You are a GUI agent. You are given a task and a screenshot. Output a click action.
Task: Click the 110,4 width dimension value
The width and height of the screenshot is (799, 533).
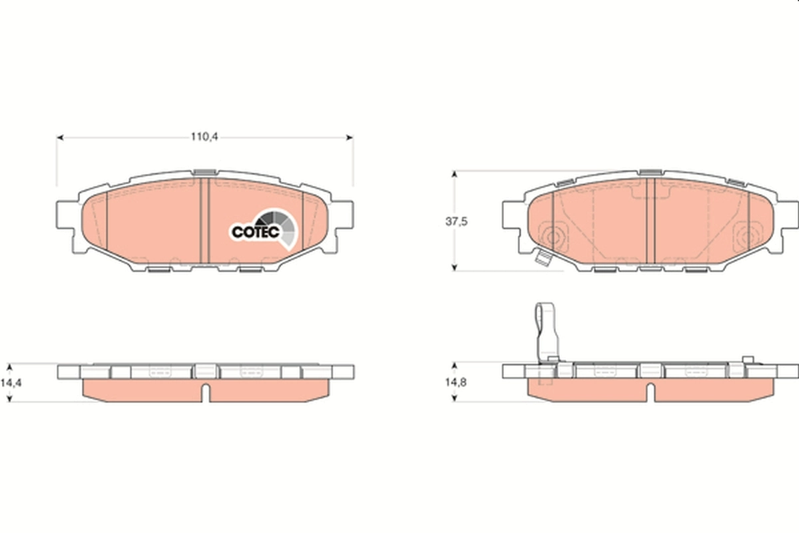click(x=205, y=137)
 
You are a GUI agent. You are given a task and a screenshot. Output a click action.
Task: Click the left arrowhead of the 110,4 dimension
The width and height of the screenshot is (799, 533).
click(x=60, y=138)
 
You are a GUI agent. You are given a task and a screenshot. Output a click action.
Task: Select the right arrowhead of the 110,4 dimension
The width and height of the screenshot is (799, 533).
click(x=349, y=138)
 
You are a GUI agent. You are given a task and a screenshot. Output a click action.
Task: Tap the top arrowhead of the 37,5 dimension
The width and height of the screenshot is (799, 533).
click(x=455, y=174)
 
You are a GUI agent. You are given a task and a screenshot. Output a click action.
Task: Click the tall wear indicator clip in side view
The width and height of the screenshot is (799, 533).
click(x=547, y=333)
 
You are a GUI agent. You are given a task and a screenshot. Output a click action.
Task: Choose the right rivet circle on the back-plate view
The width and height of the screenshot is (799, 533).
click(x=749, y=235)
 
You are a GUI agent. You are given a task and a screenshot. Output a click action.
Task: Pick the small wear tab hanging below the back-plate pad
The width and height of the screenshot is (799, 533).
click(x=543, y=260)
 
